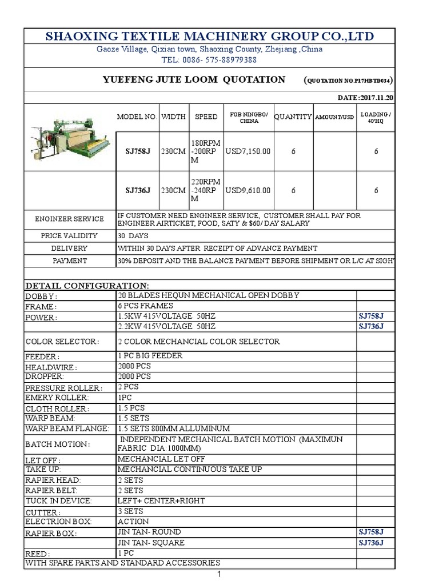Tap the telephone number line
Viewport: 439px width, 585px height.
point(209,60)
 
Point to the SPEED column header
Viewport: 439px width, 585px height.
point(206,117)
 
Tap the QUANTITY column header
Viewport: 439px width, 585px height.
point(293,117)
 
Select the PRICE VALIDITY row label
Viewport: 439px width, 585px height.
point(69,236)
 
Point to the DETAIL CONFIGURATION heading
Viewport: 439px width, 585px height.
point(86,285)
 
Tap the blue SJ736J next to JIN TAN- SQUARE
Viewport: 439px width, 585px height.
point(370,543)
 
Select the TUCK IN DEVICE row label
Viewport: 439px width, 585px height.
point(59,501)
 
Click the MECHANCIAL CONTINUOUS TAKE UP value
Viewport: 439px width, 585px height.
point(190,469)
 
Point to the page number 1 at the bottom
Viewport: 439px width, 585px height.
point(219,575)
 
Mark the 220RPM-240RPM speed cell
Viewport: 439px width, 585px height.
point(206,190)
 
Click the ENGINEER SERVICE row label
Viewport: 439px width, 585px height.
point(69,219)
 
